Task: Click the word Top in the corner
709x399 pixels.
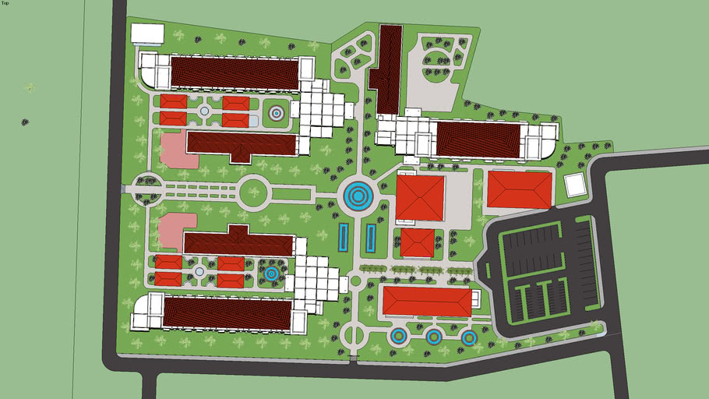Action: [5, 3]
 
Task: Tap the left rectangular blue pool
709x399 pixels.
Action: [344, 237]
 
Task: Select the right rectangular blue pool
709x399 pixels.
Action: [371, 237]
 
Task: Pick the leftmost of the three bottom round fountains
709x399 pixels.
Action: [398, 337]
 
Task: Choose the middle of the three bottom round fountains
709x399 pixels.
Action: [434, 337]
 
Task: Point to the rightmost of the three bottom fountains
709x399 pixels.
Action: [469, 337]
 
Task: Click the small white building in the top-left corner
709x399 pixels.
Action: [147, 34]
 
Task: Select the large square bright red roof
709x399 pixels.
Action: [420, 198]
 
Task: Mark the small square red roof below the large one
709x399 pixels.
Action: [418, 242]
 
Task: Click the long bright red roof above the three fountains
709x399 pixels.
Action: [427, 301]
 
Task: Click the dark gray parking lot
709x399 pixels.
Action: [545, 273]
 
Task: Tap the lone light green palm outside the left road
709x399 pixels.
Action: [30, 87]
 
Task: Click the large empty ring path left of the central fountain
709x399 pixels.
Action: [253, 192]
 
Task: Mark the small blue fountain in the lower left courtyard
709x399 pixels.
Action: [270, 274]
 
